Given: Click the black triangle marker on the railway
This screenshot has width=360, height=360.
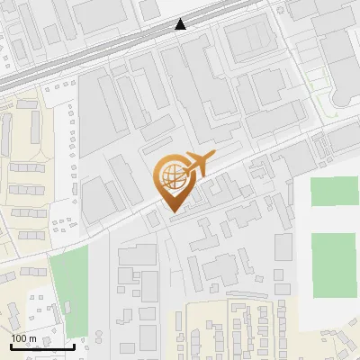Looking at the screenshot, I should [x=182, y=25].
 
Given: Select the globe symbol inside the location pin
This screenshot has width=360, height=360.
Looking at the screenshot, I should [x=171, y=173].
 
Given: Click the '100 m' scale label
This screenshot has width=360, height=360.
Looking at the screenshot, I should [x=24, y=337].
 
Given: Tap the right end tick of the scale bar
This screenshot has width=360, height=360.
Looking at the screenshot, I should [x=74, y=345].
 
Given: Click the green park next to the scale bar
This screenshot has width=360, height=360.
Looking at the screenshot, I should [x=67, y=279].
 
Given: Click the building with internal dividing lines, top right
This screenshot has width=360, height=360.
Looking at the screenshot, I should [x=247, y=40].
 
